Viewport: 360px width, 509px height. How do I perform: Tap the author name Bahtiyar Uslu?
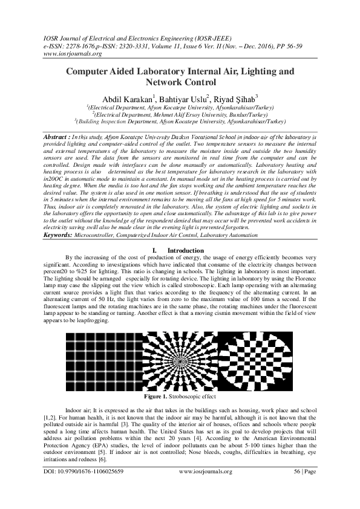tap(183, 99)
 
